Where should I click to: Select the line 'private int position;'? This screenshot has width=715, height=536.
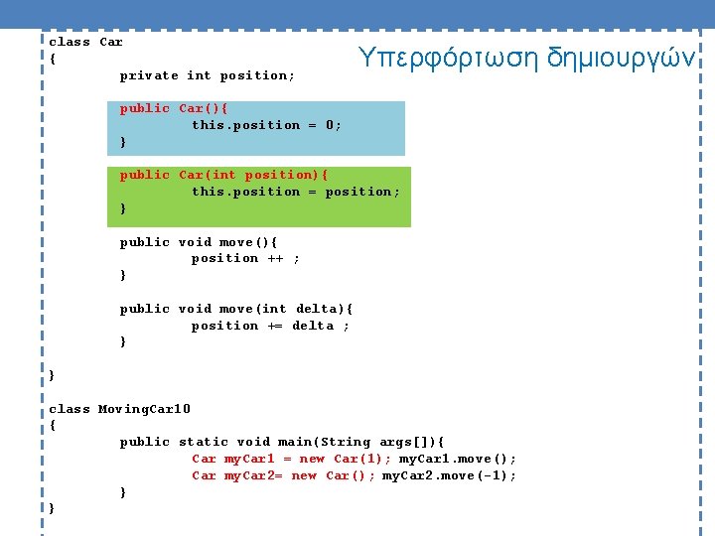point(207,75)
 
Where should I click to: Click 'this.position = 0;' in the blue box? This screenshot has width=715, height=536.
point(266,125)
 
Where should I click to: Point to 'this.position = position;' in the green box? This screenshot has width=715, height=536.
point(296,192)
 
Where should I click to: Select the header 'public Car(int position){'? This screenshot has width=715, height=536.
point(223,175)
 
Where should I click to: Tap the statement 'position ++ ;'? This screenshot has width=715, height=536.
point(245,258)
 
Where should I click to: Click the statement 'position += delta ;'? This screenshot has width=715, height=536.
point(270,326)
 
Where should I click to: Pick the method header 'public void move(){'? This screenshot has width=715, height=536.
point(199,242)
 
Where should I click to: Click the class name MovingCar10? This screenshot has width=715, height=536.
point(144,409)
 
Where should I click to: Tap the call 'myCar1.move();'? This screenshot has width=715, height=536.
point(458,459)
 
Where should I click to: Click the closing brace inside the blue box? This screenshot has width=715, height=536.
point(123,142)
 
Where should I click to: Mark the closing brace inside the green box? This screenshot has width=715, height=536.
point(123,208)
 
